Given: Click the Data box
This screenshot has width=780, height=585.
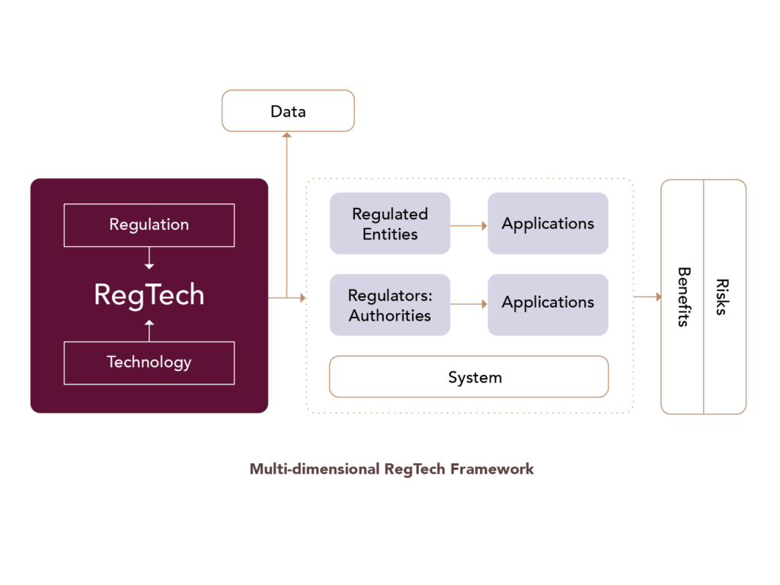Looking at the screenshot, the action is (x=288, y=111).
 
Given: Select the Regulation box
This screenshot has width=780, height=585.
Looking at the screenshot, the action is (x=149, y=225).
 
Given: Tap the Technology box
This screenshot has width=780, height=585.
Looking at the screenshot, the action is (x=149, y=363).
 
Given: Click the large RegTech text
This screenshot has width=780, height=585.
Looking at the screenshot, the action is (x=149, y=295).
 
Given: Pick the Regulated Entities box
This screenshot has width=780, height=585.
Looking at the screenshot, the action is (x=390, y=223).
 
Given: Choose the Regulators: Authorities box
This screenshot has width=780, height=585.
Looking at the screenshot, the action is (x=390, y=305).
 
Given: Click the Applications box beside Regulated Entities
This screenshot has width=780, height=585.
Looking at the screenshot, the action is (x=548, y=223).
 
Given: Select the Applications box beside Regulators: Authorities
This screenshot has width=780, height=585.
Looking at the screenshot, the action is (x=548, y=305).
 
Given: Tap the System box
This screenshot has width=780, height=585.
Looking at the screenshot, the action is (x=468, y=376).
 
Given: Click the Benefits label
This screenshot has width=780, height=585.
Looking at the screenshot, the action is (x=684, y=297).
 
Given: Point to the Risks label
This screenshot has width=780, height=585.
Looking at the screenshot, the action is (x=722, y=297).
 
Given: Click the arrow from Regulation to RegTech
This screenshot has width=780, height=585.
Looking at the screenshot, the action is (x=149, y=258).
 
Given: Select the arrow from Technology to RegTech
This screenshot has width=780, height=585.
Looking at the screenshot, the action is (x=149, y=331).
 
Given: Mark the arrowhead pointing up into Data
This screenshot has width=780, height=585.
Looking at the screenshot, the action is (x=286, y=135).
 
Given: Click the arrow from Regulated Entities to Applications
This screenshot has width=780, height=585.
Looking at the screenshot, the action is (x=469, y=225).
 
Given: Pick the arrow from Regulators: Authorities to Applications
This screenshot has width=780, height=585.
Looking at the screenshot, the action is (x=469, y=304).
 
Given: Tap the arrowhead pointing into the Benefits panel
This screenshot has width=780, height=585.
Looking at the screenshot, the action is (x=659, y=297).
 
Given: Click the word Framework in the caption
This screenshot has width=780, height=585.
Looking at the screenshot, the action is (x=492, y=469).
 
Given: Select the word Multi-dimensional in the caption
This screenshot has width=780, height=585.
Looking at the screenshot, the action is (x=315, y=469).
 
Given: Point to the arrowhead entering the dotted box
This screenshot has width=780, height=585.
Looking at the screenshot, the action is (x=303, y=298).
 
